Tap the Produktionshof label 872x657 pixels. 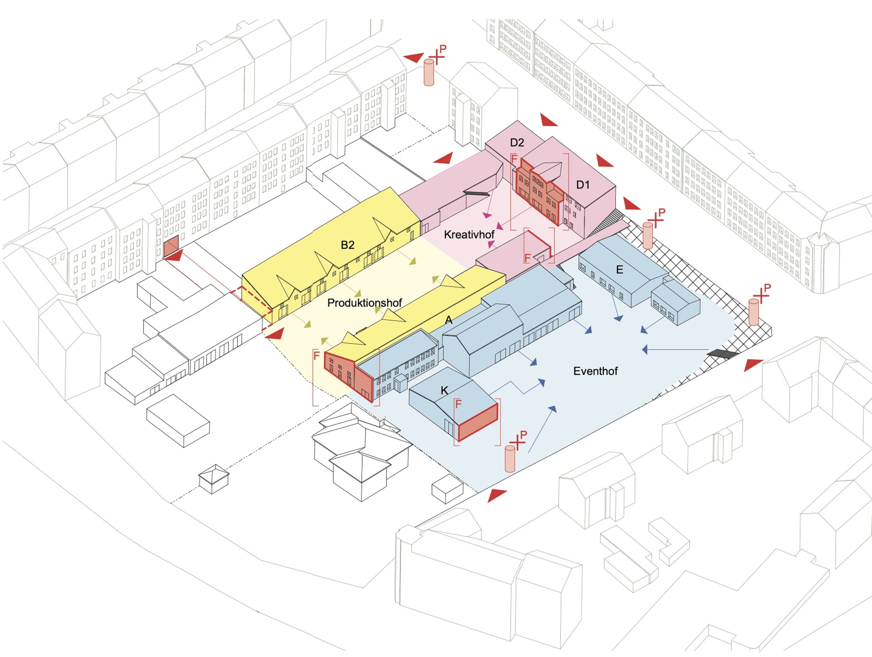[x=365, y=303]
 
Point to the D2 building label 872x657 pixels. [x=517, y=143]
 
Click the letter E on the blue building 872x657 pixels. [x=619, y=270]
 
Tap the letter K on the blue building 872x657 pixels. [x=444, y=390]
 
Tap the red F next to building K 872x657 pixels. [x=459, y=404]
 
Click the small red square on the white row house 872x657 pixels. [x=172, y=247]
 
